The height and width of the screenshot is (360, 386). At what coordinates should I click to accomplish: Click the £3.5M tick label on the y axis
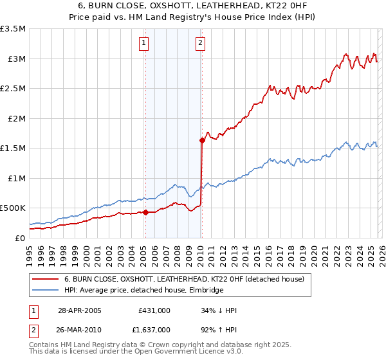click(13, 29)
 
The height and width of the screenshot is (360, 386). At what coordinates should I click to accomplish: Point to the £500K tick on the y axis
click(13, 208)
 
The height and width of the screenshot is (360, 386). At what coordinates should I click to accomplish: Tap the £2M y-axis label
click(15, 118)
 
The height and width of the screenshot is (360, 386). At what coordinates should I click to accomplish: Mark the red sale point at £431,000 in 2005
click(146, 212)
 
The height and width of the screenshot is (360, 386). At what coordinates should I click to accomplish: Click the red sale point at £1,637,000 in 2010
click(202, 139)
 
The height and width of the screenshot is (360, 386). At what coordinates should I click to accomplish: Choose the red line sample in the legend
click(46, 279)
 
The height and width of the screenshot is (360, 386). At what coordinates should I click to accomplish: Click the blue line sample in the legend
click(46, 290)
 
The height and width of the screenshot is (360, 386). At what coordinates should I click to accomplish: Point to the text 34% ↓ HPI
click(219, 310)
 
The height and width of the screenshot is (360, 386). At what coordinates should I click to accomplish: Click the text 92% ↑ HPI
click(219, 328)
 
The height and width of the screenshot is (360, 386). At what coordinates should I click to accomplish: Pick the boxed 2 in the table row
click(34, 328)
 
